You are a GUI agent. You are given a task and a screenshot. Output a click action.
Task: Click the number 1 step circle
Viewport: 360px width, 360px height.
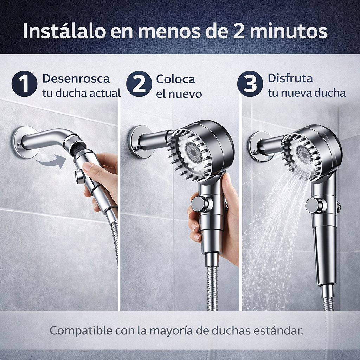click(24, 84)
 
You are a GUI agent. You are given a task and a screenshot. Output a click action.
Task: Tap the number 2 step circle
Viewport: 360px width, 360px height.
click(139, 84)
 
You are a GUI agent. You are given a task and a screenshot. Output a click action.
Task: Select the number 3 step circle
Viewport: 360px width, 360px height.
click(250, 84)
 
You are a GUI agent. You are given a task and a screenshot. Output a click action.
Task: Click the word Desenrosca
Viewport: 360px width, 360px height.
click(76, 78)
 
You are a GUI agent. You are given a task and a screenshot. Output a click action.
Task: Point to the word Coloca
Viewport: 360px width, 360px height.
click(175, 79)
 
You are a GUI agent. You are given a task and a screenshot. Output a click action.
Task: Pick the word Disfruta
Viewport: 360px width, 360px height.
click(290, 78)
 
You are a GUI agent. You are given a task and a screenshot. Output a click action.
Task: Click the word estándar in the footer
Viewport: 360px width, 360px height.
click(280, 331)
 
